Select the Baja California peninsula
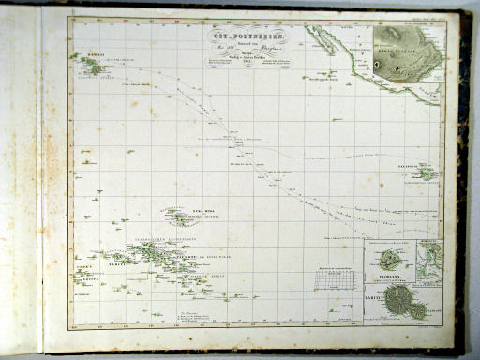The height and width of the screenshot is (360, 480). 327,43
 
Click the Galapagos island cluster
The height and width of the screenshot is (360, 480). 427,173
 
